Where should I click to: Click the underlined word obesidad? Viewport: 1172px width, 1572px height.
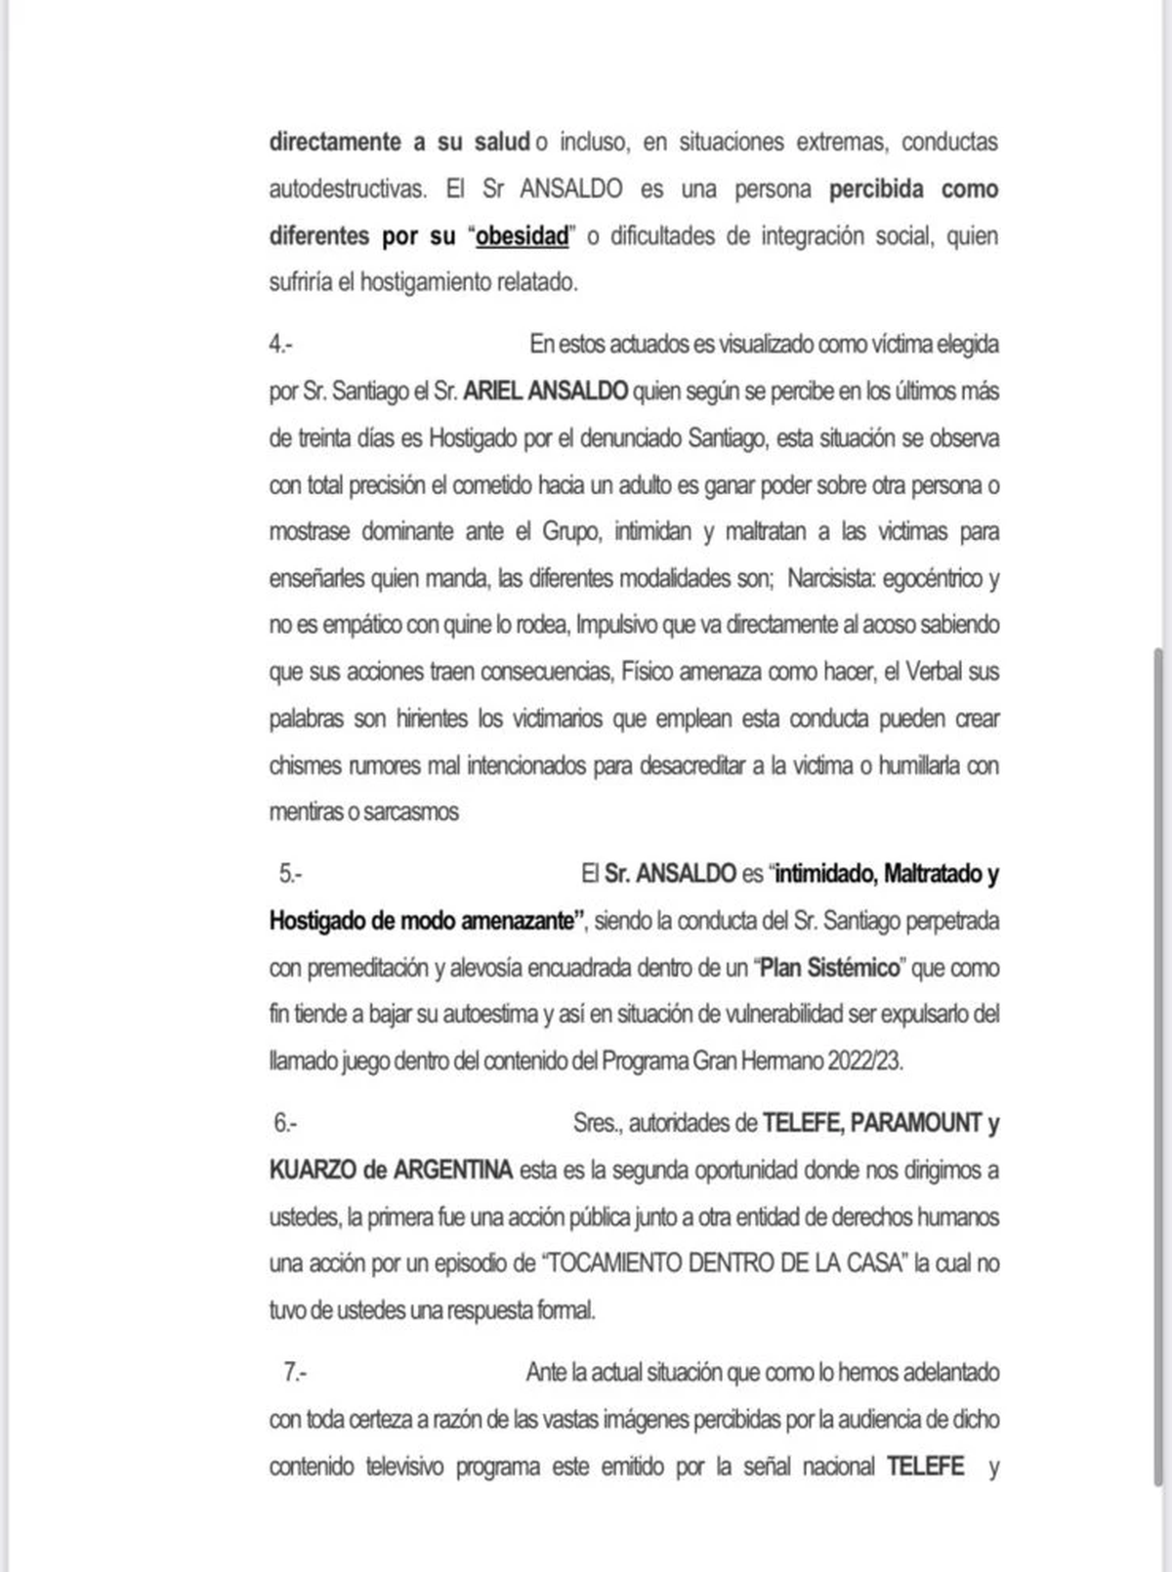522,236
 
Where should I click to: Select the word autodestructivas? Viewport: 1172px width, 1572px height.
348,188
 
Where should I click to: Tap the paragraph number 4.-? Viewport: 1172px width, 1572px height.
281,345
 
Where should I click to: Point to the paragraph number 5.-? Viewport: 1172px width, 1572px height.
290,874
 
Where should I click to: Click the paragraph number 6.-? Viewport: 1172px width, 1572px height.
285,1124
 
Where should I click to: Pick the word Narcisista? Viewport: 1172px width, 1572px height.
829,579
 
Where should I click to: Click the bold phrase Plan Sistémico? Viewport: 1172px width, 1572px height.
829,969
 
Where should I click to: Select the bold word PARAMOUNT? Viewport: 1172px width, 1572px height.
916,1124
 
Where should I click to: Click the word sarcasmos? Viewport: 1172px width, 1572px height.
410,812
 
